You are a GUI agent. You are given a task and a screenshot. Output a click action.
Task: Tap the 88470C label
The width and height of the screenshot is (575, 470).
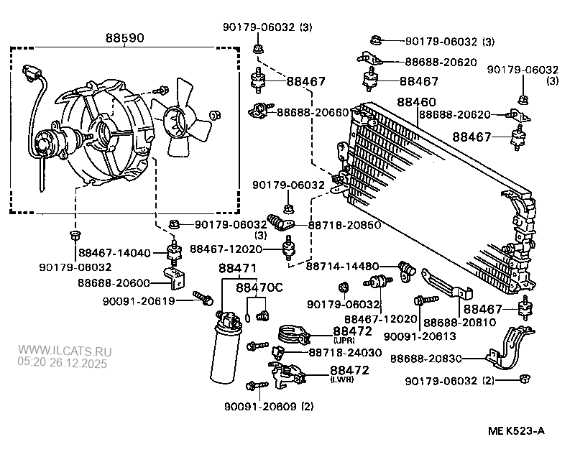coord(259,287)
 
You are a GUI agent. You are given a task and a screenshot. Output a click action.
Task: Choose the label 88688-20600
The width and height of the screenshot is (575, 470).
coord(114,283)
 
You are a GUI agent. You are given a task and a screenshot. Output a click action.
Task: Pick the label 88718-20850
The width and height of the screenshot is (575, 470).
coord(344,225)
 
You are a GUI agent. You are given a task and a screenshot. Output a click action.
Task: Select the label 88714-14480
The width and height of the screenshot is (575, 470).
coord(341,265)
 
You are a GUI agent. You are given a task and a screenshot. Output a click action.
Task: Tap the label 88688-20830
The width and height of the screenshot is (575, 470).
coord(426,358)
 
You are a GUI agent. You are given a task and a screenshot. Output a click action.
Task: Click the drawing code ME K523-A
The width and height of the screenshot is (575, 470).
coord(516,431)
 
